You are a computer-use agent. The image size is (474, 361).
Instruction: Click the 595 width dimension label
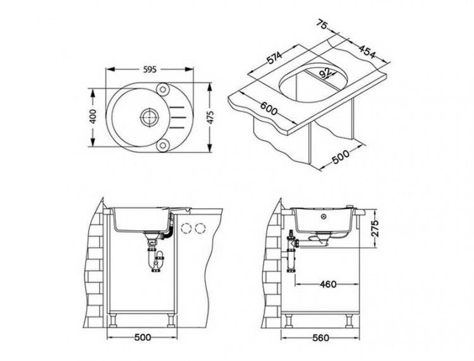coord(149,70)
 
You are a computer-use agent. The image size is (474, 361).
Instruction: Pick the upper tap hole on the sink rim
coord(163,88)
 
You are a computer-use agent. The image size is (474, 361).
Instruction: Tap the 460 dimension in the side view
coord(327,284)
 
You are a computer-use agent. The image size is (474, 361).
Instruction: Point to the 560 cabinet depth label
coord(321,338)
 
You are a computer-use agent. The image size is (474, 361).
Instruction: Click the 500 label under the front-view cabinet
coord(143,337)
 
